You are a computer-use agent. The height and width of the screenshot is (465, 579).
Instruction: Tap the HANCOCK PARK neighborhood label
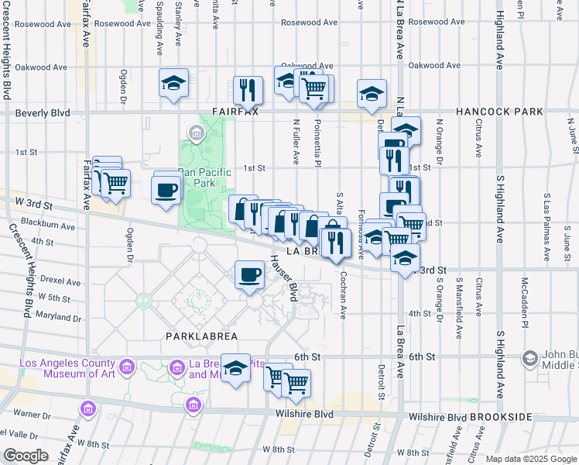pyautogui.click(x=499, y=112)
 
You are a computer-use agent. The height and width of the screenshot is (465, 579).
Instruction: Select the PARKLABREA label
pyautogui.click(x=201, y=336)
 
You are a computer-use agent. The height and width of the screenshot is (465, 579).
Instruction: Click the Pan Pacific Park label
pyautogui.click(x=196, y=177)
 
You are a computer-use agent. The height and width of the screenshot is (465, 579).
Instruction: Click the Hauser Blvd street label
pyautogui.click(x=284, y=279)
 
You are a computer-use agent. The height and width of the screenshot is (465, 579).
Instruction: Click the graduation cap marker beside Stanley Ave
pyautogui.click(x=174, y=83)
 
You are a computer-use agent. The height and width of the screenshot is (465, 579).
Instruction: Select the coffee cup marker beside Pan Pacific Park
pyautogui.click(x=167, y=190)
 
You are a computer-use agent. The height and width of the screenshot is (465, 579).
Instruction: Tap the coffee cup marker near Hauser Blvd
pyautogui.click(x=249, y=274)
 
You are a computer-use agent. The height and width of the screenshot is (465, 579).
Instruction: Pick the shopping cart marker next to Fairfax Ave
pyautogui.click(x=115, y=183)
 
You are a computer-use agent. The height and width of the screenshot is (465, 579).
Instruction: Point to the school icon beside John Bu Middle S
pyautogui.click(x=529, y=358)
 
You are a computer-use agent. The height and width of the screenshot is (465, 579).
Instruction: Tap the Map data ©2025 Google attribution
pyautogui.click(x=530, y=459)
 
